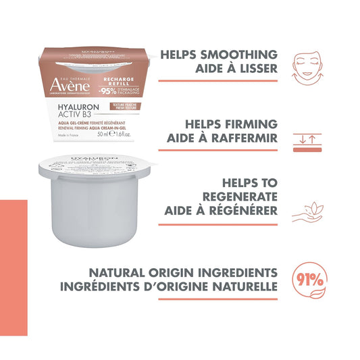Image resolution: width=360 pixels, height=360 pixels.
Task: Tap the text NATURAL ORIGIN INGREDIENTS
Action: [183, 274]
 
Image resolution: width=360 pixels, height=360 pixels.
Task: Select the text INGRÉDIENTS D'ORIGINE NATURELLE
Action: [183, 288]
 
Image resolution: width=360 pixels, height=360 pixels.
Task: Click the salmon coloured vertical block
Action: [14, 267]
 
